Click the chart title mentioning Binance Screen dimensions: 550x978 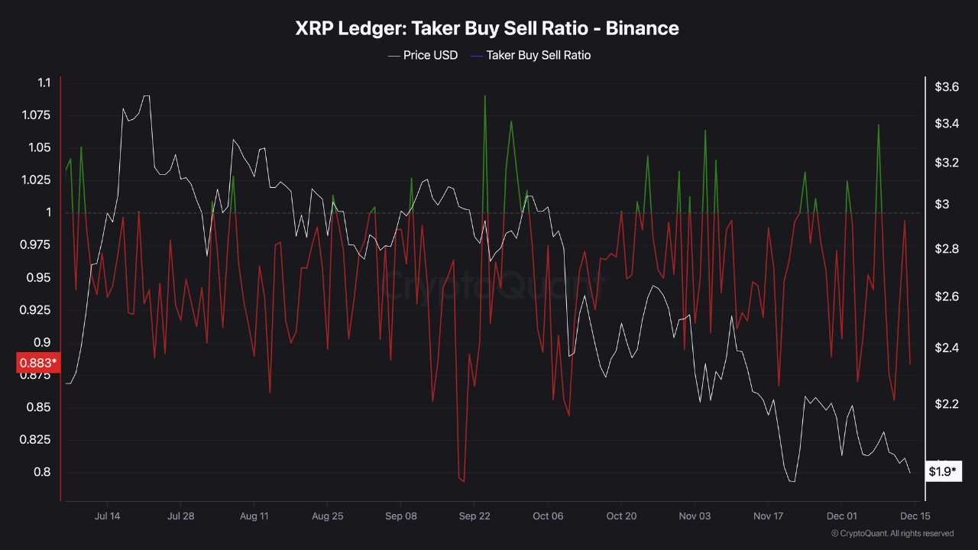(487, 29)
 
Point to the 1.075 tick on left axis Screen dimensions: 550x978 (34, 115)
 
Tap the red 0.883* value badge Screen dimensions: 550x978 (37, 362)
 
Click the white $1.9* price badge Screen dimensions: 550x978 (942, 471)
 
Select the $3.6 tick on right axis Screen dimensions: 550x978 (947, 87)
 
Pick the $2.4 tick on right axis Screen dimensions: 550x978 (947, 348)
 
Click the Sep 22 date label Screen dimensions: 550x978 (474, 516)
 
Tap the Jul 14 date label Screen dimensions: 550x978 (107, 516)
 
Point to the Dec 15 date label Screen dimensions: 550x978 (915, 516)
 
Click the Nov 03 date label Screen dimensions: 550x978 (695, 516)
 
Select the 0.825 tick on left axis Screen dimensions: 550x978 (34, 440)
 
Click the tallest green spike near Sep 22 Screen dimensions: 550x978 (485, 96)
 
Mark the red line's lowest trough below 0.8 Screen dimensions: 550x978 (464, 482)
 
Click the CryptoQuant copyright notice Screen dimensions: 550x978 (892, 533)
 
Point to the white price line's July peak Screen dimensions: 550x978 (146, 96)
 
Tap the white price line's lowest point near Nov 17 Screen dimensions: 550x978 (792, 481)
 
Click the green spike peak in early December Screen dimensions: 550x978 (879, 125)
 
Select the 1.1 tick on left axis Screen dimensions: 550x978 (44, 82)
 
